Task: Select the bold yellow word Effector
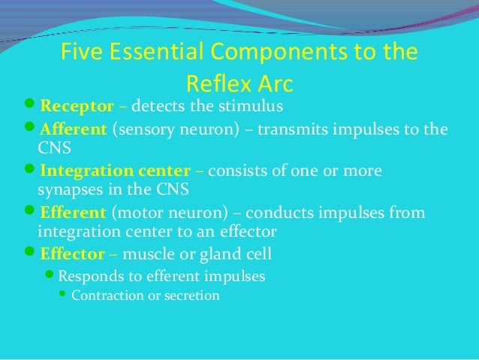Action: (71, 253)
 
